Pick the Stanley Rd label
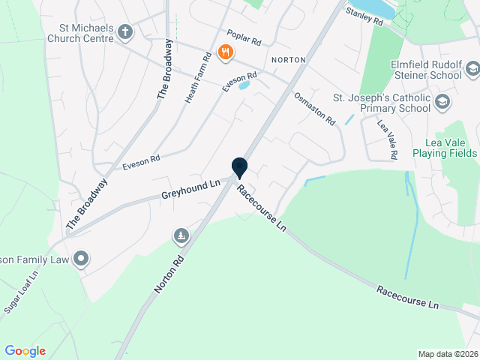pos(364,17)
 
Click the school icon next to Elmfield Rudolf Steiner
pos(472,70)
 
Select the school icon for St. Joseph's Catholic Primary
pos(443,101)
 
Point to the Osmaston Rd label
pos(314,109)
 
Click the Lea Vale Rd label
pos(387,139)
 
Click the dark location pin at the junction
pos(239,167)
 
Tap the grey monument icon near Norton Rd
pos(181,237)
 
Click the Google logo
pos(25,351)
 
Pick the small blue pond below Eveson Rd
pos(244,85)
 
